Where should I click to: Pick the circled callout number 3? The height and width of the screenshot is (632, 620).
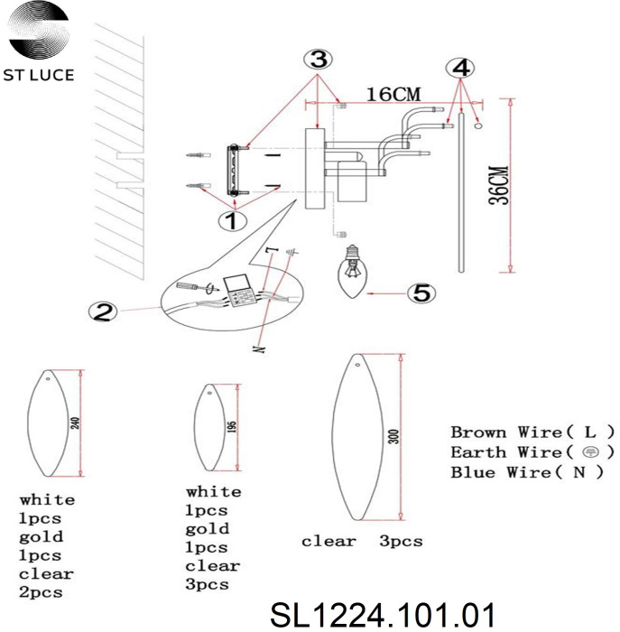pyautogui.click(x=317, y=60)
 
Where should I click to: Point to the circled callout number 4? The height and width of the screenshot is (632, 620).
pyautogui.click(x=460, y=68)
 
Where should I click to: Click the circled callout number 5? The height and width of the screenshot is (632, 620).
pyautogui.click(x=421, y=293)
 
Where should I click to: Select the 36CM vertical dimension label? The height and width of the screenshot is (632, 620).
pyautogui.click(x=500, y=184)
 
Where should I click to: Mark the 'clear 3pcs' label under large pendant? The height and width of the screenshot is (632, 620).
pyautogui.click(x=362, y=542)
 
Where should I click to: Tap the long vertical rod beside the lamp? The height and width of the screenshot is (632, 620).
pyautogui.click(x=462, y=190)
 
